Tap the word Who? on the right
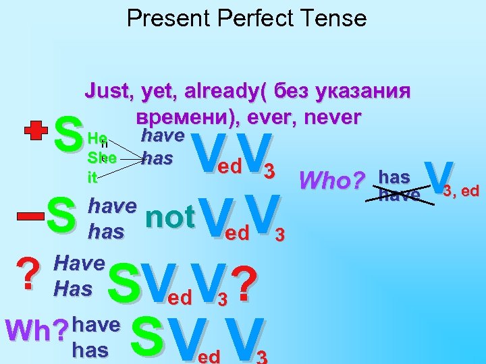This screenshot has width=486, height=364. coord(331,180)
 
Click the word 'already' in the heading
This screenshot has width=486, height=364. coord(218,92)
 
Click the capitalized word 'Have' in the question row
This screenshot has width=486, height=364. coord(79,264)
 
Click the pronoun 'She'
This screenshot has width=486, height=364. coord(102,159)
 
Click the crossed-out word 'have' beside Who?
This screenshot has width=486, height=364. coord(400,195)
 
